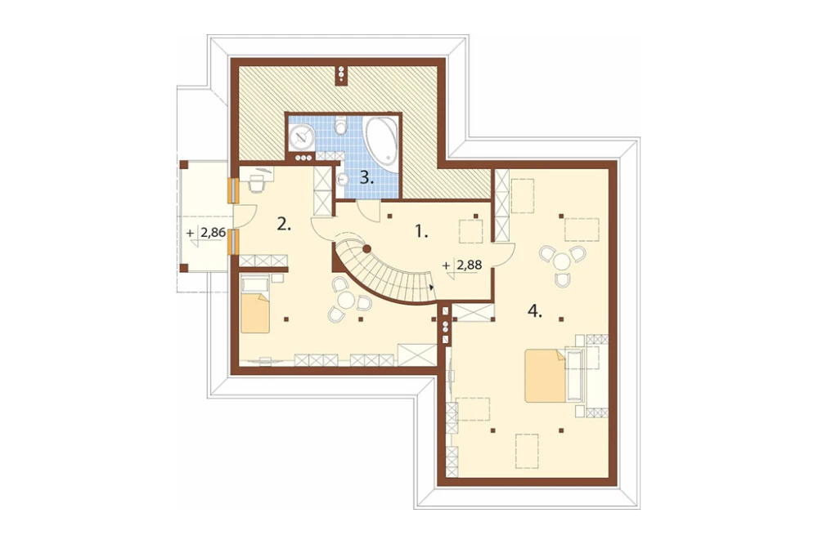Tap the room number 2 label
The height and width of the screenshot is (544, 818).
[x=284, y=225]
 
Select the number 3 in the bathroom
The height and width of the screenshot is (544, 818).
[x=366, y=179]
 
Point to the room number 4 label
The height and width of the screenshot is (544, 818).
[x=535, y=311]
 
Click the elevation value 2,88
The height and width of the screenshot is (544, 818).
[x=469, y=265]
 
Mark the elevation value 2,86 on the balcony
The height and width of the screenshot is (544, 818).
[x=213, y=233]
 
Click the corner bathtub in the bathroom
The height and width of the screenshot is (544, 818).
[x=381, y=139]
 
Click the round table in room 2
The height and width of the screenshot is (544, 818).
[x=347, y=301]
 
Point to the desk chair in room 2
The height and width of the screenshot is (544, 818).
[x=257, y=184]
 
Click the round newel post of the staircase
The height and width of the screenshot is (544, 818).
[x=366, y=248]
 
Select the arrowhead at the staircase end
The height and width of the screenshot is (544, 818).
[x=432, y=287]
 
